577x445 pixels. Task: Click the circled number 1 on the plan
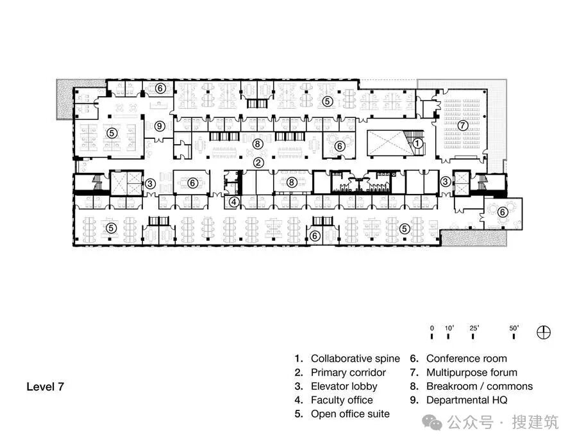[417, 143]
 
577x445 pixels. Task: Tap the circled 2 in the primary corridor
[259, 163]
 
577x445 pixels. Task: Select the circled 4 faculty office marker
[234, 202]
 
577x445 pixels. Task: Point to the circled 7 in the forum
[462, 125]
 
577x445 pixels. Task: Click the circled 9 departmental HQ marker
[159, 126]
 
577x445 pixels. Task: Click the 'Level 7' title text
[46, 387]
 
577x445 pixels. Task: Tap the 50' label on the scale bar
[514, 328]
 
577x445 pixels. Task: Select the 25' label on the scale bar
[474, 328]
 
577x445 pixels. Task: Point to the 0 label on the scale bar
[432, 328]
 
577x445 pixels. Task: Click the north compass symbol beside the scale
[544, 332]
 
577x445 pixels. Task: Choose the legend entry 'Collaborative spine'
[355, 359]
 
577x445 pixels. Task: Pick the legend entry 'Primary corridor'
[348, 373]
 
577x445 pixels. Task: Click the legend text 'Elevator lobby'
[344, 386]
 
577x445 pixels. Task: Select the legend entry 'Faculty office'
[342, 400]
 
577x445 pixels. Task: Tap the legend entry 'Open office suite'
[350, 414]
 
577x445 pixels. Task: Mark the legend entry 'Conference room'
[467, 359]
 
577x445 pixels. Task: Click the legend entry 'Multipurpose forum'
[472, 373]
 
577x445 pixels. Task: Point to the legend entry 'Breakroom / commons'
[480, 386]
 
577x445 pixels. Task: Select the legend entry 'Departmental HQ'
[467, 400]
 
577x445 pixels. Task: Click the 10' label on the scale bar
[449, 328]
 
